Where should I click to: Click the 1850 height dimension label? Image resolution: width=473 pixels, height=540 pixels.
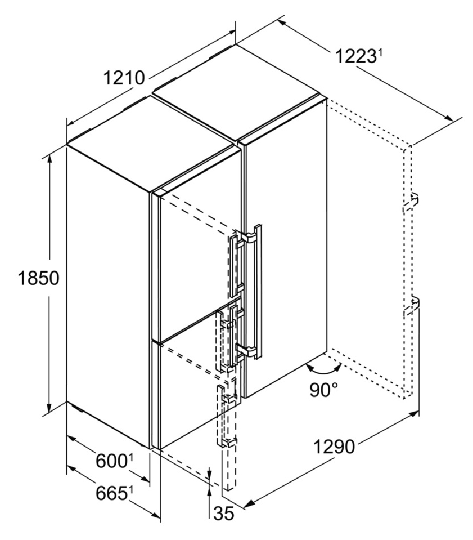point(39,278)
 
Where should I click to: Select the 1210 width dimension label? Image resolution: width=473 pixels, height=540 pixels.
point(124,78)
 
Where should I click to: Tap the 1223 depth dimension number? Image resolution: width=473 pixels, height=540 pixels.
point(355,56)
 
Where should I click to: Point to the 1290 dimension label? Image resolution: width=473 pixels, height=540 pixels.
point(334,447)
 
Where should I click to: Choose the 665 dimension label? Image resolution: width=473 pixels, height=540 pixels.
point(111,493)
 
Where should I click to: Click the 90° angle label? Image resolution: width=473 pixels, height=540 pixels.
point(324,390)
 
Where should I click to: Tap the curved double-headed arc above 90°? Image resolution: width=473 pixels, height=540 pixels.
point(323,371)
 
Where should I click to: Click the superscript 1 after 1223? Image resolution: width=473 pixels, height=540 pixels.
point(380,53)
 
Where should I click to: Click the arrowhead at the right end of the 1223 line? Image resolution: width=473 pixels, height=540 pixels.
point(449,117)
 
